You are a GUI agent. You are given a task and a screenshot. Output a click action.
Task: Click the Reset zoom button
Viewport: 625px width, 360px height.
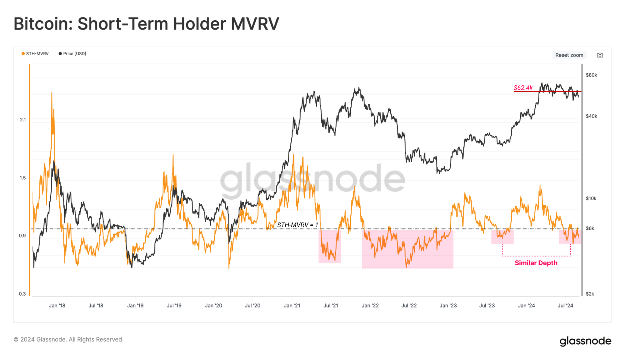[x=569, y=55]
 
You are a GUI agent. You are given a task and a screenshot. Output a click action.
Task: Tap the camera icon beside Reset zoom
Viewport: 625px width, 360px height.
[x=600, y=55]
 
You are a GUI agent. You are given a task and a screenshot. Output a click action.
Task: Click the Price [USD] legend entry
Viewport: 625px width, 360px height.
[x=72, y=54]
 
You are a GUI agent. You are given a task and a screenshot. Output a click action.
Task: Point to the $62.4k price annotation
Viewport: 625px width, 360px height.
[x=523, y=88]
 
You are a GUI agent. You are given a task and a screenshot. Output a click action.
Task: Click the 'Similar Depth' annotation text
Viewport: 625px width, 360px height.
[x=536, y=263]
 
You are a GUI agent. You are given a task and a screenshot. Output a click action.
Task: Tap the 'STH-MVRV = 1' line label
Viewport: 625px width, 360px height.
[x=297, y=225]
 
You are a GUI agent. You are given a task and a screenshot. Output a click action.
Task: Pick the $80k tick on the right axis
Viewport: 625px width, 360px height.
[x=591, y=75]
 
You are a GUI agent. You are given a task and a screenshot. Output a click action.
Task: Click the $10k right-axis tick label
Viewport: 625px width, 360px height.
[x=591, y=198]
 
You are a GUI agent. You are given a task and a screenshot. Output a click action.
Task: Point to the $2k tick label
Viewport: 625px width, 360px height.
[x=590, y=294]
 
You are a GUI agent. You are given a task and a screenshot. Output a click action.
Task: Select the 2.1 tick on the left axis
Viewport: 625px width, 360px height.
[x=23, y=120]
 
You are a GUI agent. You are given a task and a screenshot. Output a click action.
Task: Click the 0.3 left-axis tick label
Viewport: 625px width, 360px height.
[x=22, y=294]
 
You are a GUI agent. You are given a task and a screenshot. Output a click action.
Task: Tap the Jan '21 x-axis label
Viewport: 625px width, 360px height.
[x=292, y=306]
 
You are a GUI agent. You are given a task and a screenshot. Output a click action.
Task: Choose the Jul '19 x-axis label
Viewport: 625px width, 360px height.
[x=174, y=306]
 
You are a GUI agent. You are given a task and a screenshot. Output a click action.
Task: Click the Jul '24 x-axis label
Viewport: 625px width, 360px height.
[x=565, y=306]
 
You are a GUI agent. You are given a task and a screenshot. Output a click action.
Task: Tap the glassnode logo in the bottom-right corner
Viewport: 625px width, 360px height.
[x=585, y=341]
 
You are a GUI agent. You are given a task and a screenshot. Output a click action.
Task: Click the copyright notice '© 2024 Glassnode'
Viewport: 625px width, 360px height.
[x=68, y=339]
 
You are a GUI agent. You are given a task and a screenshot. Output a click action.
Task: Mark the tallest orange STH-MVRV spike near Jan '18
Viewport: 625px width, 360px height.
[x=52, y=94]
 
